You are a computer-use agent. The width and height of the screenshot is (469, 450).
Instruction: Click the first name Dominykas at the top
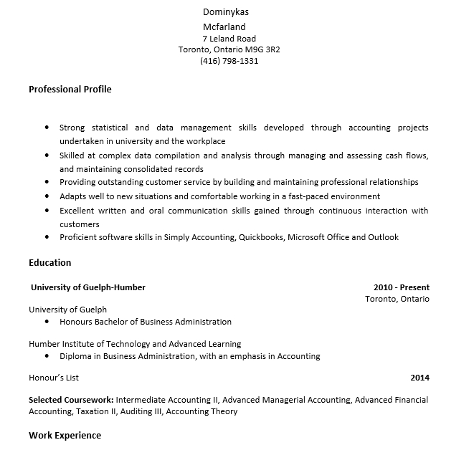[x=227, y=12]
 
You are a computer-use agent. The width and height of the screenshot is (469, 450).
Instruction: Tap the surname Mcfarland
[x=224, y=27]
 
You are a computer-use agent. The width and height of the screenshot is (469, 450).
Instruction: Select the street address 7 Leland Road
[x=229, y=39]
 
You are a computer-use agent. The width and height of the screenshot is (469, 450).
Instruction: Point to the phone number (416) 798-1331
[x=229, y=62]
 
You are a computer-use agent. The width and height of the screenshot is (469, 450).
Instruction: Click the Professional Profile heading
[x=70, y=90]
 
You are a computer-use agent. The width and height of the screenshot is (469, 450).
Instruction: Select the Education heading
[x=49, y=263]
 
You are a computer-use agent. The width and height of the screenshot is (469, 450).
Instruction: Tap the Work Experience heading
[x=65, y=436]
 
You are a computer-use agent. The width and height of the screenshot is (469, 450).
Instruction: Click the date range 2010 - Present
[x=401, y=287]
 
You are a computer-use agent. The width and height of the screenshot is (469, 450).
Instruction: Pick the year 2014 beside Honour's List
[x=420, y=378]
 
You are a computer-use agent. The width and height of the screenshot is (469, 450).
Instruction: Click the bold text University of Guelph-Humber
[x=88, y=287]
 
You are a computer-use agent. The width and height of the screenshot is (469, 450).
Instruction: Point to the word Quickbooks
[x=260, y=237]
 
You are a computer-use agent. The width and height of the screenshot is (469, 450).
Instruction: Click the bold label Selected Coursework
[x=71, y=400]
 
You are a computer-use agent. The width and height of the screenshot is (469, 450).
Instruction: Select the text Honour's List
[x=54, y=378]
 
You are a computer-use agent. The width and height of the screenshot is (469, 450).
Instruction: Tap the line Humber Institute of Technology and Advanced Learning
[x=135, y=344]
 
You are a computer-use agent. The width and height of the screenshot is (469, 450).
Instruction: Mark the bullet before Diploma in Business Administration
[x=47, y=356]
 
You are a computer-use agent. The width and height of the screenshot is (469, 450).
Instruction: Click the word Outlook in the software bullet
[x=383, y=237]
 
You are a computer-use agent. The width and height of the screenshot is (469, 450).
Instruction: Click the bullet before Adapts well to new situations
[x=47, y=196]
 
